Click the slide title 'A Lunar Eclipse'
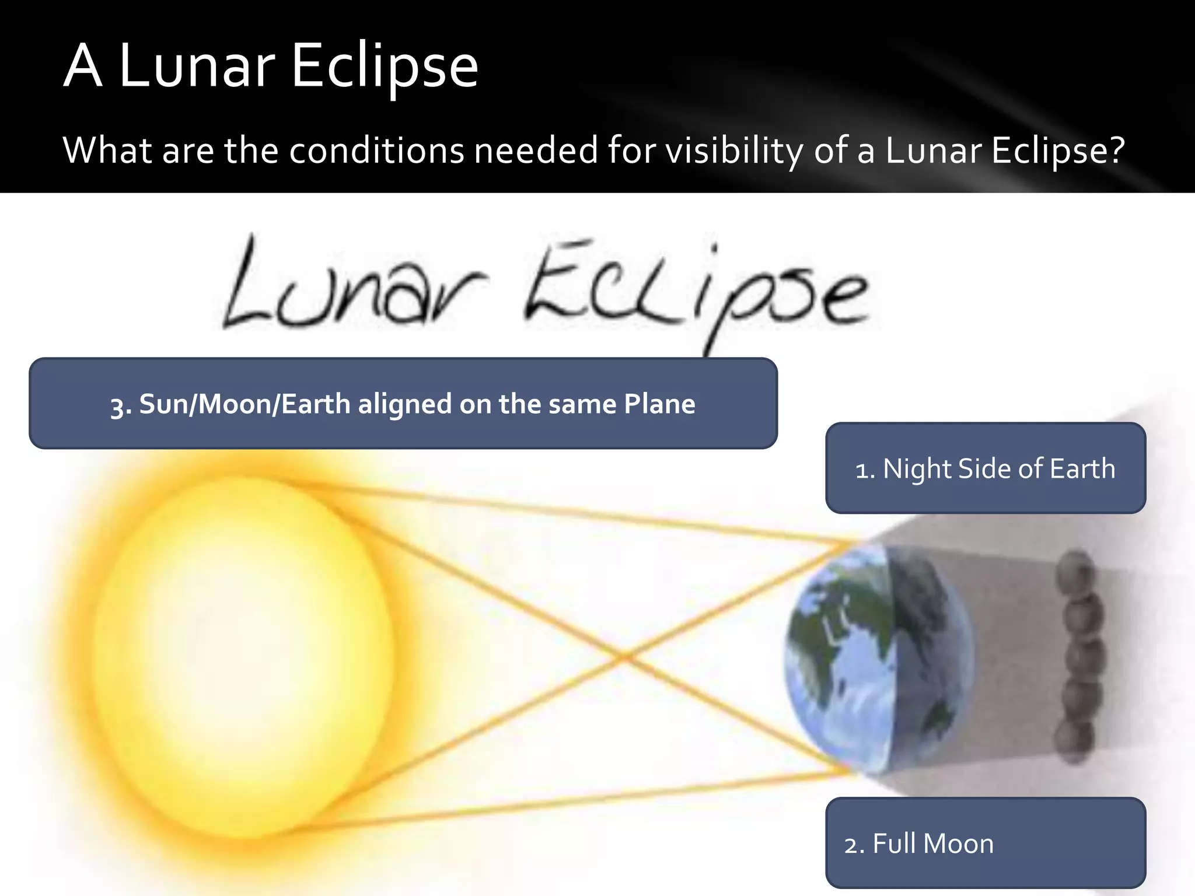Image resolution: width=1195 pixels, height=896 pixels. click(x=271, y=66)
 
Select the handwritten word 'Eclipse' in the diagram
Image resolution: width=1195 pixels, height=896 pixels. click(x=694, y=292)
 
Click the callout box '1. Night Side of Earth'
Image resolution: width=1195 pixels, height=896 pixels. click(x=986, y=468)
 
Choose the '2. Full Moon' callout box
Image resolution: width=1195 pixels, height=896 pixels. click(x=986, y=843)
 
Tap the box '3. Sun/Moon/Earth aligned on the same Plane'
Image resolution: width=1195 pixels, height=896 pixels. click(x=403, y=404)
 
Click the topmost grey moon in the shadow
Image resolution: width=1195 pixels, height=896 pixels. click(x=1077, y=569)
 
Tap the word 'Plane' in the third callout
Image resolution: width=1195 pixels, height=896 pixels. click(x=659, y=404)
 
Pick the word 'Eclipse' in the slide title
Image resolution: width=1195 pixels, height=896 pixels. click(x=384, y=66)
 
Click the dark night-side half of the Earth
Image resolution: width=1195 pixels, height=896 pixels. click(x=928, y=653)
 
